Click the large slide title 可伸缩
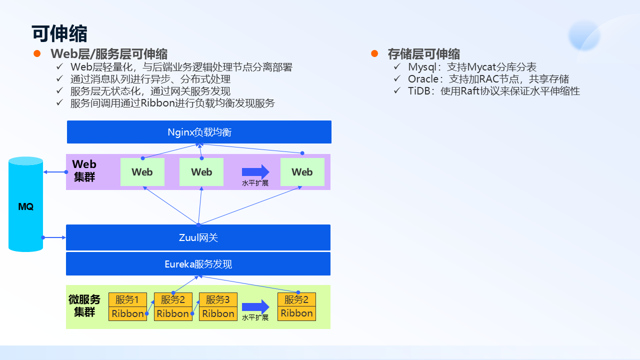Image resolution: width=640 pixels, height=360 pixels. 59,34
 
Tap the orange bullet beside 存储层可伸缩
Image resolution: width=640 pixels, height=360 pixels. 374,53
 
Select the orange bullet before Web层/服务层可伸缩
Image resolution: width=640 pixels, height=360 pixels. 36,53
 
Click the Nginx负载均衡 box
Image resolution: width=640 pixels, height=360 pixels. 199,132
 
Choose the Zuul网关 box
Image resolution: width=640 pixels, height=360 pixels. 198,237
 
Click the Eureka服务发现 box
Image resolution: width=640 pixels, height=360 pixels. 198,264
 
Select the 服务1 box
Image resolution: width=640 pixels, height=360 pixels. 127,299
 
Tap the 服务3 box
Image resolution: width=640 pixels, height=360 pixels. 218,299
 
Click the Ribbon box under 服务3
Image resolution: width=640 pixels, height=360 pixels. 218,314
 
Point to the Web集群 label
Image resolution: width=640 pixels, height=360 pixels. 84,170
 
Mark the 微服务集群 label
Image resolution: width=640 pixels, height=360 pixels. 84,305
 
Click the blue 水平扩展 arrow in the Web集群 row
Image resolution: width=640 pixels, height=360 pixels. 255,171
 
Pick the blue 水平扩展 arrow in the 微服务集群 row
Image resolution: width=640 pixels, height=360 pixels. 255,306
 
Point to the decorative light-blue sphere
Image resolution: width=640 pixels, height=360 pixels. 583,35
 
